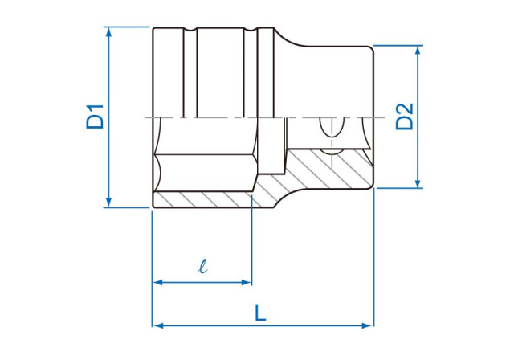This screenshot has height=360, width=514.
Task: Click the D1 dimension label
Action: pos(96,117)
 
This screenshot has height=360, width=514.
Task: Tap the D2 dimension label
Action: pos(405,117)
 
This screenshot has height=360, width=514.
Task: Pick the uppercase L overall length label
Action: pos(261,312)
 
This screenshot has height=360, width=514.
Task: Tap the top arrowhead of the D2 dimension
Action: pos(418,51)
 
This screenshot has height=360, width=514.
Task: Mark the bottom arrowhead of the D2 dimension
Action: pos(418,183)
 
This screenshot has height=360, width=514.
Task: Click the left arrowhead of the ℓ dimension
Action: pos(157,283)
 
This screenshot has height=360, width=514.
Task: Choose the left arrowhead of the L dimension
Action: pos(157,325)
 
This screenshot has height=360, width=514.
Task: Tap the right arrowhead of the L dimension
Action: pos(369,325)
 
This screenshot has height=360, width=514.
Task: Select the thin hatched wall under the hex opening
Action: pos(201,199)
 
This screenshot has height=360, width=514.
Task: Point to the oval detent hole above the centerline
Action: pos(328,126)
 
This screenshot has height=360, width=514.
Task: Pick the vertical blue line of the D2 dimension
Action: pos(418,153)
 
